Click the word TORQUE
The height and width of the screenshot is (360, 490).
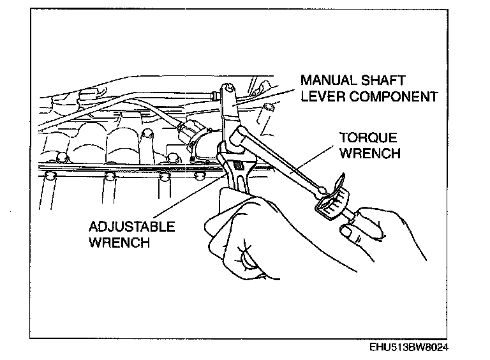click(368, 138)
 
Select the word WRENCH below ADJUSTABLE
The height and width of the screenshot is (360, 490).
click(121, 243)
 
